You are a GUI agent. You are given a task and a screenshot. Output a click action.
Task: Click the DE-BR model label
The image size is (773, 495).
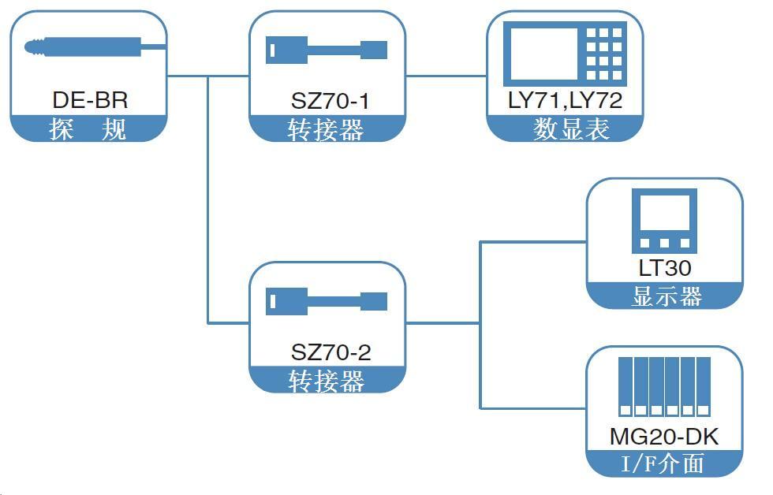point(90,101)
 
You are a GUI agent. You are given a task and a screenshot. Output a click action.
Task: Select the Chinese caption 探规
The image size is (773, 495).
point(88,128)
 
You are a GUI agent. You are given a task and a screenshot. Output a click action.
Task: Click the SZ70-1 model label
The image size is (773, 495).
point(329,101)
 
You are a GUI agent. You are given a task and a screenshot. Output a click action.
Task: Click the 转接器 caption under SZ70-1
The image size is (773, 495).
point(326,130)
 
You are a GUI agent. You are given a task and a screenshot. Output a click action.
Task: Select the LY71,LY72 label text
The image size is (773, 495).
point(565,100)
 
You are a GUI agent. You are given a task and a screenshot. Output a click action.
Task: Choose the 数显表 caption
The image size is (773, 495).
point(572,129)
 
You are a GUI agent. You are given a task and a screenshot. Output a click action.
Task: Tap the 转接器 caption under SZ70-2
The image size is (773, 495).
point(326,381)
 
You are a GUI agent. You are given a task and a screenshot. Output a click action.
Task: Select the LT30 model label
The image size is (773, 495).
point(664,268)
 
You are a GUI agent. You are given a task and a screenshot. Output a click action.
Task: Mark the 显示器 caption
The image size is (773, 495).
point(667,297)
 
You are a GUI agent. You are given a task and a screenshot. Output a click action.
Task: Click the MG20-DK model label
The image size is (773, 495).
point(664,437)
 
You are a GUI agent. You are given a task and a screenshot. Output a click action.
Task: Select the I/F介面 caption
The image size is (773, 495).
point(663,464)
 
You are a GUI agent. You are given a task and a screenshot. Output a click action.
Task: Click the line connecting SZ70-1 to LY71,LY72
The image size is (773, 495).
point(446,76)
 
